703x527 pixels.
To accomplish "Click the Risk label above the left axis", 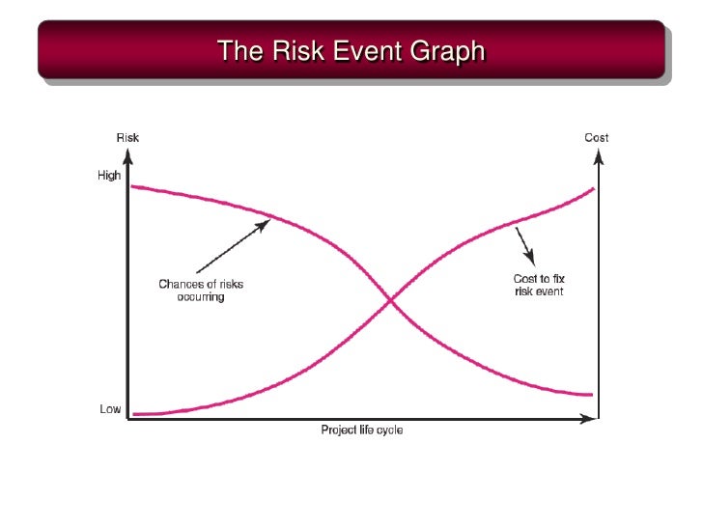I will tap(127, 137).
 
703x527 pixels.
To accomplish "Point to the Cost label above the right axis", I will tap(597, 137).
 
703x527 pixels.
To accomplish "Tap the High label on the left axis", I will tap(109, 176).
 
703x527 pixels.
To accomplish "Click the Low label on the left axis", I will tap(110, 409).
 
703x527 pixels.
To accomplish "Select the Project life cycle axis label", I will tap(362, 430).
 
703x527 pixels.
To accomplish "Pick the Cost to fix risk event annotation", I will tap(539, 285).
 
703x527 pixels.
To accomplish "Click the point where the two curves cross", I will tap(391, 302).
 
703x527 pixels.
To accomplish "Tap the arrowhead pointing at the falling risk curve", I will tap(265, 224).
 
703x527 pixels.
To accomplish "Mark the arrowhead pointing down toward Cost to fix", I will tap(530, 260).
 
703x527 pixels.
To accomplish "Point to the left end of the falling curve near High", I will tap(132, 185).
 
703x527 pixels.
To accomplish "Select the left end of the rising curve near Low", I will tap(134, 414).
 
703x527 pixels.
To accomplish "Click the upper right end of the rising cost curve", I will tap(592, 188).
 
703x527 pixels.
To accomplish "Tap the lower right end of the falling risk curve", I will tap(590, 394).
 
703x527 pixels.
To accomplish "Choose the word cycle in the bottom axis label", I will tap(388, 430).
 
